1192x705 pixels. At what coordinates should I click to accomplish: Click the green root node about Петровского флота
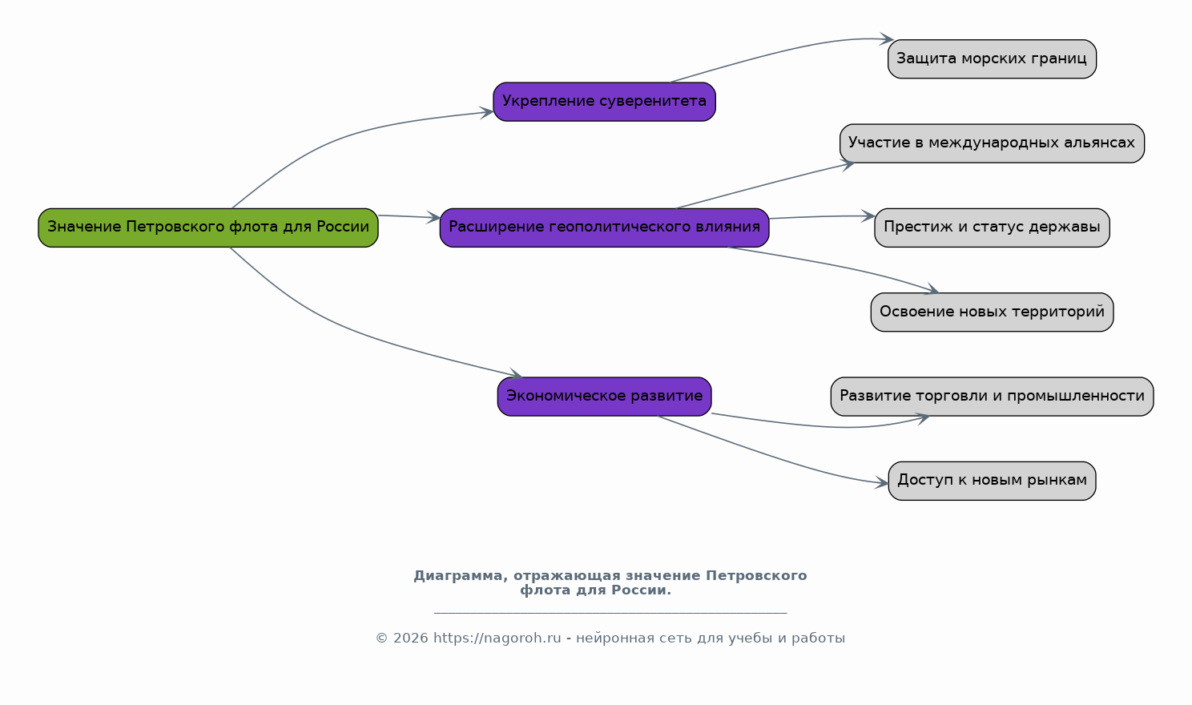[x=208, y=228]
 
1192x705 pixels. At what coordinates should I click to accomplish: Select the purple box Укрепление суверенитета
[x=605, y=102]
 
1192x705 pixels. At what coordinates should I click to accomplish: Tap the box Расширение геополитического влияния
[x=605, y=228]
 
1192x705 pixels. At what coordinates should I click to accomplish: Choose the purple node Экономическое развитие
[x=605, y=397]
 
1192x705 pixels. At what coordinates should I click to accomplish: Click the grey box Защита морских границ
[x=992, y=59]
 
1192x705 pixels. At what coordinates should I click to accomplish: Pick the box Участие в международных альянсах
[x=992, y=143]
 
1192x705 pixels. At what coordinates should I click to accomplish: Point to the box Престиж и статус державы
[x=992, y=228]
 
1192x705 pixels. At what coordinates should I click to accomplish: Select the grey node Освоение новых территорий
[x=992, y=312]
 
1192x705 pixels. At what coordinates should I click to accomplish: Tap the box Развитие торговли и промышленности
[x=992, y=397]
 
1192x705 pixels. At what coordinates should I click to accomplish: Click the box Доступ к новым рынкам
[x=992, y=481]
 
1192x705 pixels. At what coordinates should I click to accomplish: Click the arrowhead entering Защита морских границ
[x=887, y=38]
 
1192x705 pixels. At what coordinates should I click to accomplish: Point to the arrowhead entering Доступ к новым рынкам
[x=882, y=482]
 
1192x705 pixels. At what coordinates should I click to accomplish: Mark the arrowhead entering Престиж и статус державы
[x=868, y=216]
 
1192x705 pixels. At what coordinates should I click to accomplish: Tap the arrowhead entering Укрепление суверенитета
[x=486, y=113]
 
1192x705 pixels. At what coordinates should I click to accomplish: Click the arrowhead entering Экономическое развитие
[x=516, y=375]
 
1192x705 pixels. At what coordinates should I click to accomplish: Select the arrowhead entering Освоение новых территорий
[x=932, y=289]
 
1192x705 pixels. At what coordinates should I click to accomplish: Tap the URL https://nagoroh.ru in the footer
[x=497, y=638]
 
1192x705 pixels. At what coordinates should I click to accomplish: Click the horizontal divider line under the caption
[x=610, y=614]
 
